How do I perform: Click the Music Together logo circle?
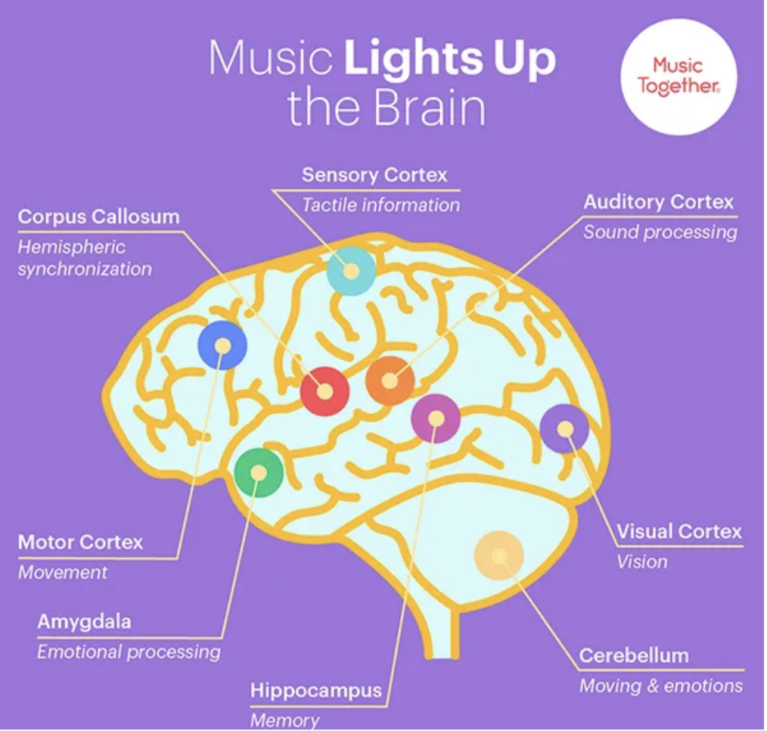(x=678, y=76)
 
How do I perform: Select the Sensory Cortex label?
(x=374, y=176)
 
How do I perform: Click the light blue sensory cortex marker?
(x=351, y=270)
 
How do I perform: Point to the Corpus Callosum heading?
(x=99, y=216)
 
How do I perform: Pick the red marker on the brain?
(x=324, y=391)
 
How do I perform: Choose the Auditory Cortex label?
(x=658, y=202)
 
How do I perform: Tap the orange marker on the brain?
(x=390, y=381)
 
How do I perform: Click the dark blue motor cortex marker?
(x=222, y=345)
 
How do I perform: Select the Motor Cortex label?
(x=80, y=542)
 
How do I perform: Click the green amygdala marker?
(x=259, y=472)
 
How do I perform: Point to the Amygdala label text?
(x=84, y=622)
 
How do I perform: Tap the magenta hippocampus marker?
(x=436, y=418)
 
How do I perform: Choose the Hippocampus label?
(x=315, y=690)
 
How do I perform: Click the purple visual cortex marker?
(x=564, y=428)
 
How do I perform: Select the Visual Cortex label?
(x=678, y=531)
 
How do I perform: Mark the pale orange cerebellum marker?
(x=498, y=556)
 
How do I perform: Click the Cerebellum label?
(x=634, y=655)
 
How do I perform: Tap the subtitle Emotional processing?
(x=129, y=652)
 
